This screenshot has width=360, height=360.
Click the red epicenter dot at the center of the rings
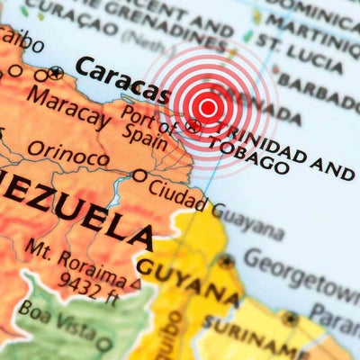(x=208, y=108)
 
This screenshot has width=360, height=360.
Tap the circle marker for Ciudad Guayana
(x=139, y=175)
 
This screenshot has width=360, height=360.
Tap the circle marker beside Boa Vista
(x=104, y=343)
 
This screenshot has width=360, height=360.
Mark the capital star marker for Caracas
(x=57, y=72)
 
